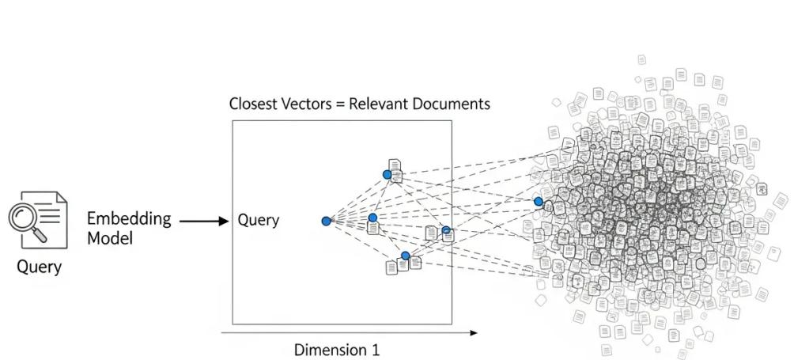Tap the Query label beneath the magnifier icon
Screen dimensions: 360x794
pyautogui.click(x=39, y=267)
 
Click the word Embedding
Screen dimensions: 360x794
pyautogui.click(x=129, y=218)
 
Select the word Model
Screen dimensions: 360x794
pyautogui.click(x=110, y=237)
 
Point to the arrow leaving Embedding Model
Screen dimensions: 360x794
pyautogui.click(x=203, y=222)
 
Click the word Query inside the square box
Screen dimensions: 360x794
pyautogui.click(x=259, y=221)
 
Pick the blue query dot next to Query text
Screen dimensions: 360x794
pyautogui.click(x=326, y=221)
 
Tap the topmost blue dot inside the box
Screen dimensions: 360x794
pyautogui.click(x=387, y=174)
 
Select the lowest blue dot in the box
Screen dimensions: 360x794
pyautogui.click(x=405, y=256)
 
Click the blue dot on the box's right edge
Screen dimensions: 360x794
pyautogui.click(x=446, y=230)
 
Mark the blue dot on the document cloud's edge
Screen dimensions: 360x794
pyautogui.click(x=539, y=202)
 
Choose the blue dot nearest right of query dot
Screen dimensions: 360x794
pyautogui.click(x=372, y=217)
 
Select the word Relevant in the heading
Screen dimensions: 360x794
pyautogui.click(x=384, y=104)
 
